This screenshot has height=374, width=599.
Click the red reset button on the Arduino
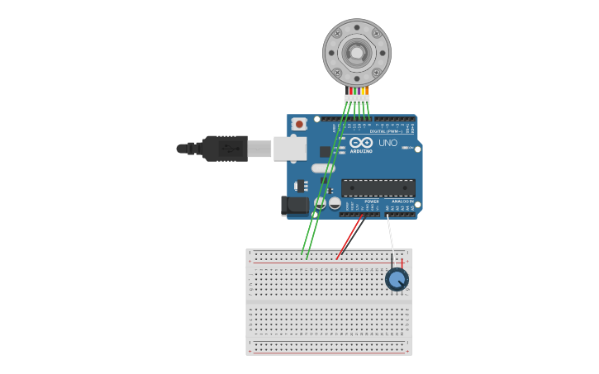pyautogui.click(x=299, y=124)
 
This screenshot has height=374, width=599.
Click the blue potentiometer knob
pyautogui.click(x=397, y=279)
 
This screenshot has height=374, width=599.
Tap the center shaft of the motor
pyautogui.click(x=356, y=53)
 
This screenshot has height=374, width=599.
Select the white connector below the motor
pyautogui.click(x=357, y=99)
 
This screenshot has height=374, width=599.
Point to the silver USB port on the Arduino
pyautogui.click(x=289, y=149)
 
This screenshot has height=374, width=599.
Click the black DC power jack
pyautogui.click(x=293, y=205)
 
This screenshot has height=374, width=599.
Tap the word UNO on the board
pyautogui.click(x=387, y=143)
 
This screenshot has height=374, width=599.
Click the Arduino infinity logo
pyautogui.click(x=361, y=142)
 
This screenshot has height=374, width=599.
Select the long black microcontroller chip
pyautogui.click(x=378, y=188)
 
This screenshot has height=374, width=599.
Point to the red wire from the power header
pyautogui.click(x=349, y=238)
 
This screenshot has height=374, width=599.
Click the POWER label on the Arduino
pyautogui.click(x=372, y=201)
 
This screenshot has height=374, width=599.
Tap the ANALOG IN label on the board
pyautogui.click(x=402, y=201)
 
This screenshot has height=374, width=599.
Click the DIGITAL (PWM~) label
pyautogui.click(x=386, y=131)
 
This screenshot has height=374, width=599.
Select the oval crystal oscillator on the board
pyautogui.click(x=323, y=168)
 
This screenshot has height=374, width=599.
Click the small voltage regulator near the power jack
pyautogui.click(x=302, y=186)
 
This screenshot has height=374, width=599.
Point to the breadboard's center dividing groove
pyautogui.click(x=329, y=301)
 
